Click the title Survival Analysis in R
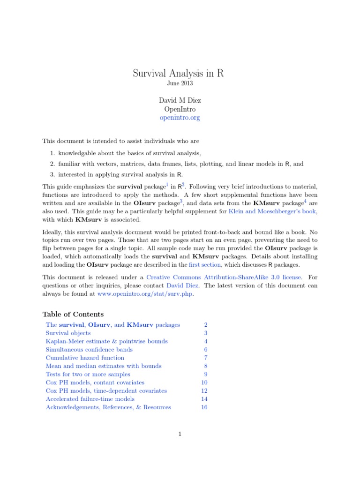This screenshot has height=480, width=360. point(180,73)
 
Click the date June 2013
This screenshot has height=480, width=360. point(180,83)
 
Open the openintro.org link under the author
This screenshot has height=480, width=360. point(180,118)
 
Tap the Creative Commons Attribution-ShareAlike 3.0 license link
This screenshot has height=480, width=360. point(224,277)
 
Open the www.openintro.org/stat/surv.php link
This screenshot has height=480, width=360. point(145,294)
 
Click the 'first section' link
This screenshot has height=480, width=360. point(203,265)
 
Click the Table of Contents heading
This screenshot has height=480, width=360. point(73,314)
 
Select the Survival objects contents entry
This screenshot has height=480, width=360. point(68,333)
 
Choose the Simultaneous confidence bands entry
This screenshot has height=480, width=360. point(89,349)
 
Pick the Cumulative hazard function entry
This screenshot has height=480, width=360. point(85,358)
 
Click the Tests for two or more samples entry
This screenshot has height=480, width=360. point(88,374)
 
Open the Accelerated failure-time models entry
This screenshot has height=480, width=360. point(90,399)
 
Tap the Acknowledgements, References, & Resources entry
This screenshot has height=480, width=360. point(108,407)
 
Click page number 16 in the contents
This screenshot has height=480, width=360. point(204,407)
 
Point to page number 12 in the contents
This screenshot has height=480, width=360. point(204,391)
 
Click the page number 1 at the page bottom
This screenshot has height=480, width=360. point(180,434)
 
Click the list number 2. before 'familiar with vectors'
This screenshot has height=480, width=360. point(52,164)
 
